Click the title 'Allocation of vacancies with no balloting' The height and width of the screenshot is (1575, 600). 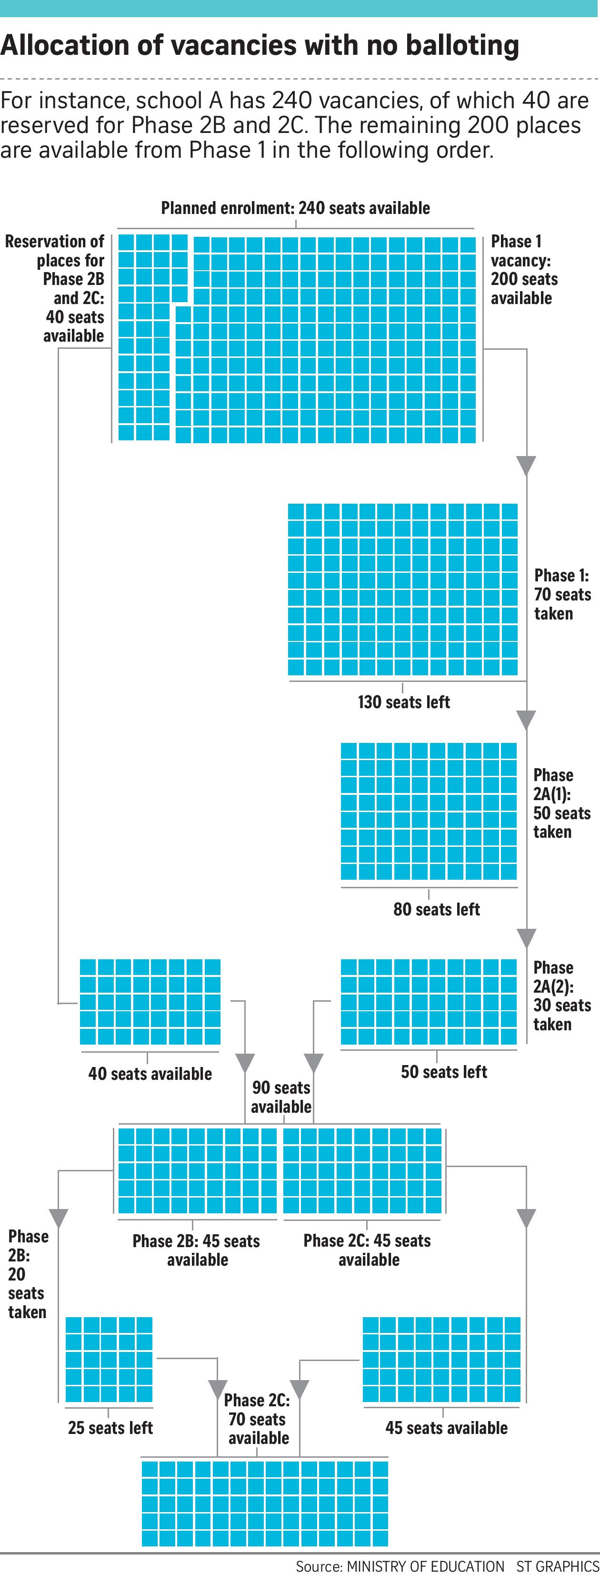click(260, 46)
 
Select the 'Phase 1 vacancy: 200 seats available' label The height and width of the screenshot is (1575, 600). click(524, 270)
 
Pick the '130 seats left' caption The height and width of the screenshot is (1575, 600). click(404, 702)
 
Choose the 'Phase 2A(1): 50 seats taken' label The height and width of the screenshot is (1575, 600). click(561, 803)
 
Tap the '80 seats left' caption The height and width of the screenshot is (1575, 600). click(436, 909)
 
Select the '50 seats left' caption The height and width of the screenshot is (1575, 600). click(444, 1072)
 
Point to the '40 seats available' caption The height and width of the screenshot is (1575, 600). click(150, 1074)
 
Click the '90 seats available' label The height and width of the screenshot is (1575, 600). click(281, 1097)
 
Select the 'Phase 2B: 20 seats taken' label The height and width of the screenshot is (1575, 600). click(28, 1273)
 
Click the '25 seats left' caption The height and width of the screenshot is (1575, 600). click(110, 1428)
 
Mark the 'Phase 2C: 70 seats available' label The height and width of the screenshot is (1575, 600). click(257, 1419)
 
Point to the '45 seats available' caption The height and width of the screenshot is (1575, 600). click(446, 1428)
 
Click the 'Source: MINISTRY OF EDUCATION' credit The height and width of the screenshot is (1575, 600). click(400, 1566)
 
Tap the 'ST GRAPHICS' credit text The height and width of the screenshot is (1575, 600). click(558, 1566)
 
